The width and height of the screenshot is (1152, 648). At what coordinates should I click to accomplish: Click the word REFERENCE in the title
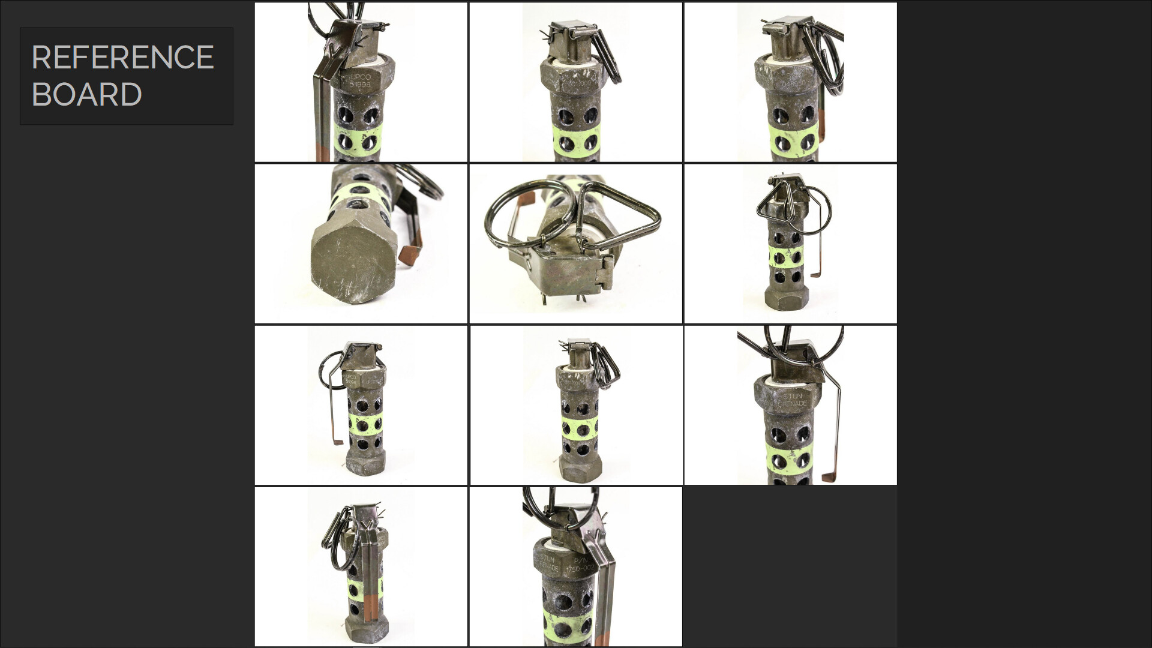(122, 58)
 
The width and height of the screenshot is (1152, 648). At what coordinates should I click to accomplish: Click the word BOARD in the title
(86, 95)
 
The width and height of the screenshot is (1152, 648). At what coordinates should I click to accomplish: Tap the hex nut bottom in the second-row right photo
(787, 298)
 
